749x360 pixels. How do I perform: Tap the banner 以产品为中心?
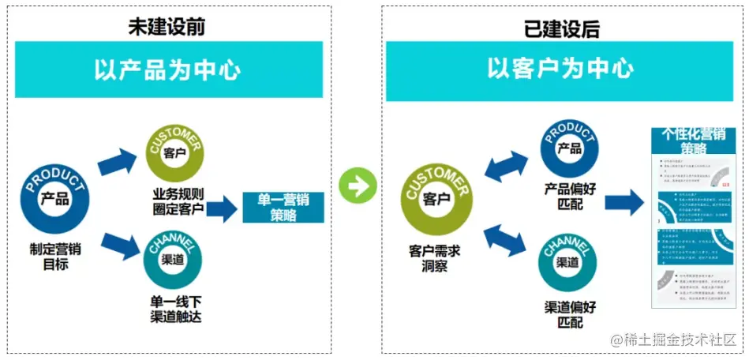coord(168,69)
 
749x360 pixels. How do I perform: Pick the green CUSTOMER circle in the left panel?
coord(174,152)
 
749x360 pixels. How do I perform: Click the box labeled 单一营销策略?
coord(283,207)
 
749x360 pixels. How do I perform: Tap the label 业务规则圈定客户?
coord(178,202)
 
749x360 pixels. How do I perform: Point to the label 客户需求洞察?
coord(435,257)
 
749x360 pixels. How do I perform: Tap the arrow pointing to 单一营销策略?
coord(222,208)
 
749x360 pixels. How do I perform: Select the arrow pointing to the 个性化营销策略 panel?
coord(624,202)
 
